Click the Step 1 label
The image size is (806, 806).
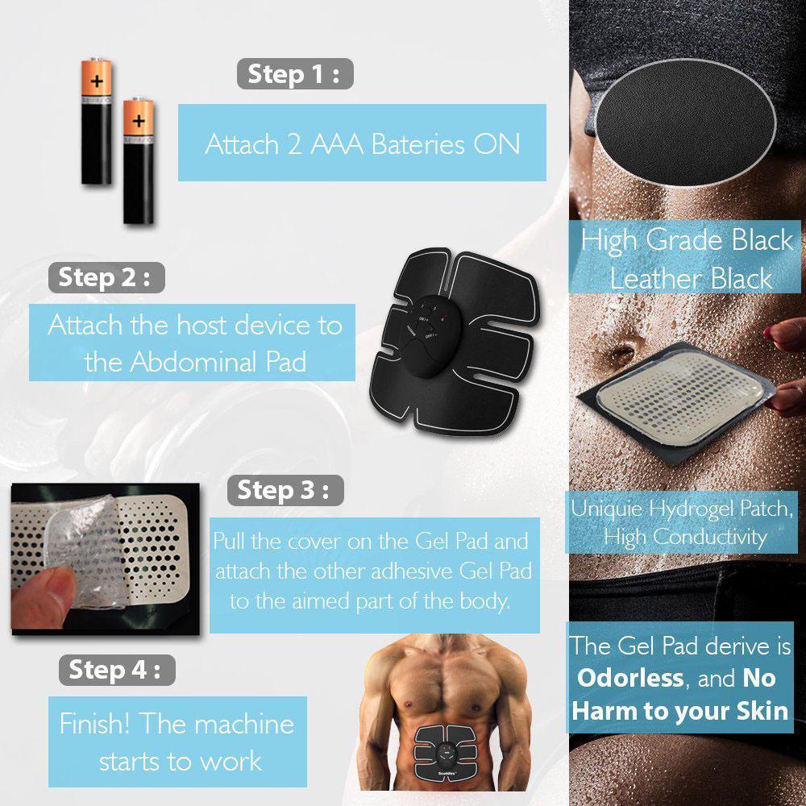tap(295, 73)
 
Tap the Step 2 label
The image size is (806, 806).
tap(106, 277)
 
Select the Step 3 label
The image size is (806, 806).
tap(285, 490)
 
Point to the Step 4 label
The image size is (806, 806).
tap(117, 670)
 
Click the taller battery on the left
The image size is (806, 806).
tap(96, 122)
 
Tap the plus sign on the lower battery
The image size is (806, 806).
tap(139, 122)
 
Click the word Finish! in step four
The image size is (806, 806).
tap(94, 724)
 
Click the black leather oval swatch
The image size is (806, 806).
tap(685, 123)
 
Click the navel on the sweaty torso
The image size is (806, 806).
tap(622, 354)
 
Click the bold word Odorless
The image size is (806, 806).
tap(630, 679)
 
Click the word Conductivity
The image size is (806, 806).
tap(710, 537)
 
